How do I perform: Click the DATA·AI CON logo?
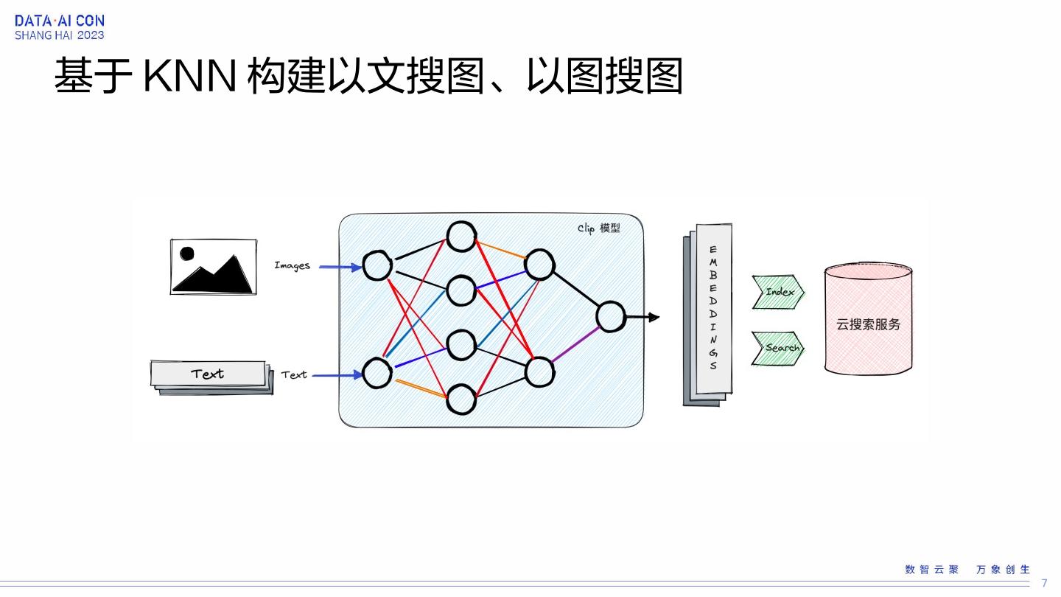coord(60,27)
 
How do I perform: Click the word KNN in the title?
coord(189,76)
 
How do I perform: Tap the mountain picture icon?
coord(213,267)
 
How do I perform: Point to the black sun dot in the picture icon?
coord(187,254)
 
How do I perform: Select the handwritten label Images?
coord(293,265)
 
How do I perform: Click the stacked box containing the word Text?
coord(209,374)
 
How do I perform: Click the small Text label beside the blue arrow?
coord(294,375)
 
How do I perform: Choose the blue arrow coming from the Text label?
coord(337,375)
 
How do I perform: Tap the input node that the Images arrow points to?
coord(377,265)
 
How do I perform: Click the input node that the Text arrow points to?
coord(377,373)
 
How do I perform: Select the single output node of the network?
coord(610,317)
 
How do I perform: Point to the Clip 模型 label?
coord(598,228)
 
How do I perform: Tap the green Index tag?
coord(778,292)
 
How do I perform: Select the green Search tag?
coord(778,348)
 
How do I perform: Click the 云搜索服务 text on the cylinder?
coord(868,324)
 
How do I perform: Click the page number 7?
coord(1044,583)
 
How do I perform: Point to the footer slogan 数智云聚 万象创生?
coord(967,570)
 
